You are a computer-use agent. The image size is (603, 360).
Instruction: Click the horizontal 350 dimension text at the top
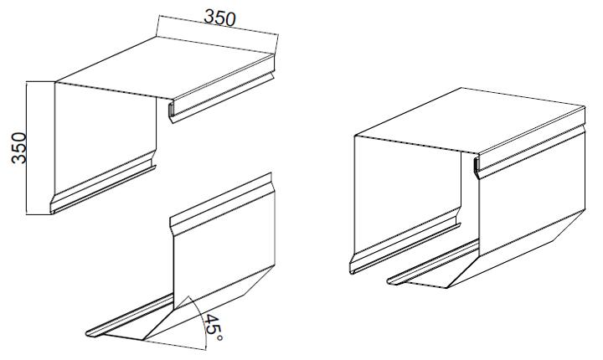(x=219, y=18)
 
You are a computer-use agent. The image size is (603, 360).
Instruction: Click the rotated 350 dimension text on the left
(x=18, y=147)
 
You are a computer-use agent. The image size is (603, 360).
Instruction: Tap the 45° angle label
(x=213, y=327)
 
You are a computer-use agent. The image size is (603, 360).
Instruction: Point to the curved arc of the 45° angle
(x=201, y=320)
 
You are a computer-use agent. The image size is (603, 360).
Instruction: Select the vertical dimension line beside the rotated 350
(x=26, y=147)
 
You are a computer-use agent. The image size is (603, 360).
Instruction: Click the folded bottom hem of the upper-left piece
(x=103, y=189)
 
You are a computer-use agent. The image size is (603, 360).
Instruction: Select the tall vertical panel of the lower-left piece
(x=224, y=247)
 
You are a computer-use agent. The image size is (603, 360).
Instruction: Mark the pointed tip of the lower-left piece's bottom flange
(x=87, y=333)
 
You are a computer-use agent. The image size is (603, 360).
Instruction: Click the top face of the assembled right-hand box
(x=470, y=120)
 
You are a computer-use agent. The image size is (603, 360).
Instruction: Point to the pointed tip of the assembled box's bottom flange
(x=389, y=281)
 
